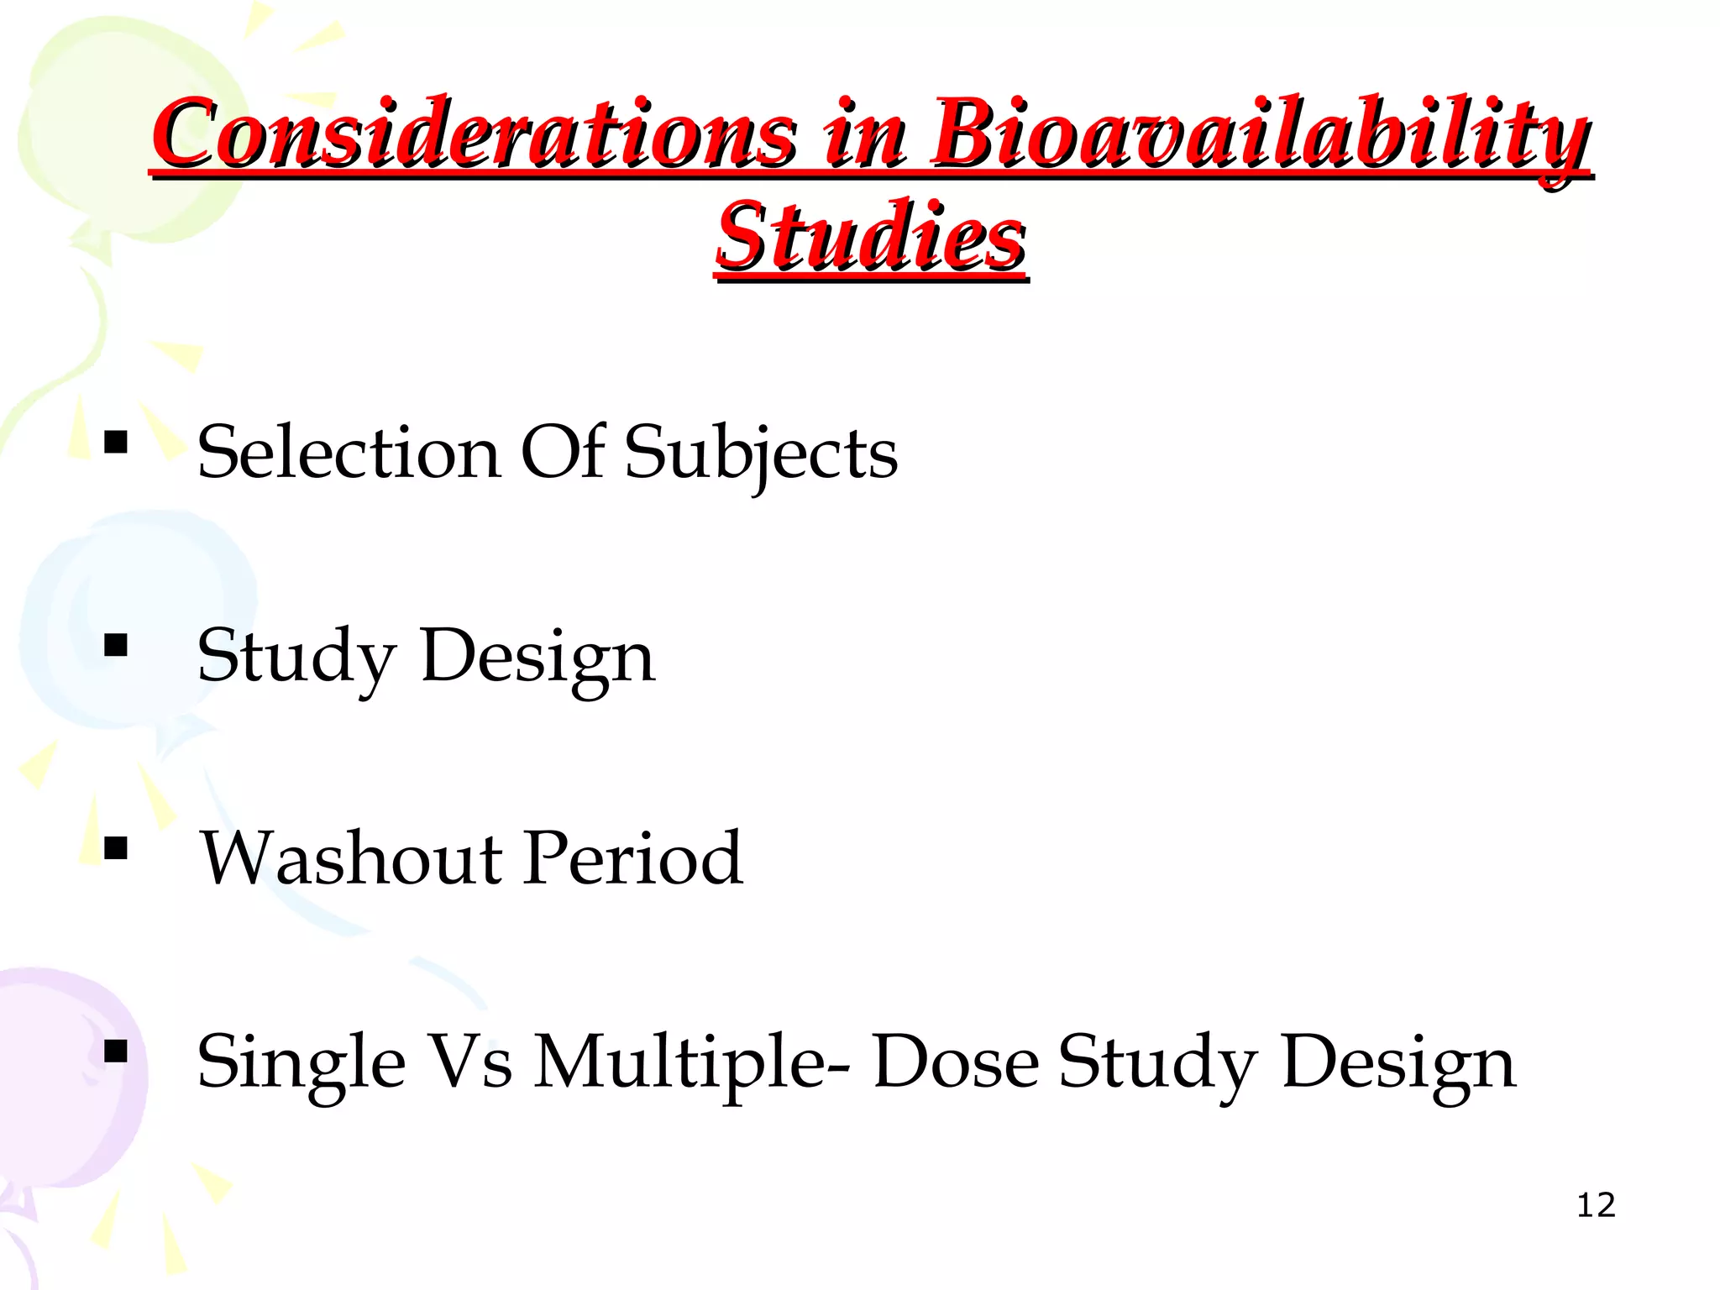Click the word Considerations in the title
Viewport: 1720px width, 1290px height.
click(x=475, y=134)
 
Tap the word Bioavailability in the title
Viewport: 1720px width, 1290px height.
click(x=1260, y=134)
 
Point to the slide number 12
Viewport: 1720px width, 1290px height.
click(x=1596, y=1205)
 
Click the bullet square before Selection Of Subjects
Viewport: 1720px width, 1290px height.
click(x=116, y=442)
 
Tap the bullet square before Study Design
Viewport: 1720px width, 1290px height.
click(x=116, y=645)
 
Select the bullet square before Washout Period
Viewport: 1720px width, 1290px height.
click(x=116, y=848)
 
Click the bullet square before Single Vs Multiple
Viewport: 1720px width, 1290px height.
click(x=116, y=1051)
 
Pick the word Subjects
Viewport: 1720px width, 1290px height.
click(x=760, y=454)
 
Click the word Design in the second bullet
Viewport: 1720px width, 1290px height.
click(x=537, y=658)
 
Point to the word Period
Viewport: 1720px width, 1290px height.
click(x=633, y=859)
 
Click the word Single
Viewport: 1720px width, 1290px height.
click(x=301, y=1063)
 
